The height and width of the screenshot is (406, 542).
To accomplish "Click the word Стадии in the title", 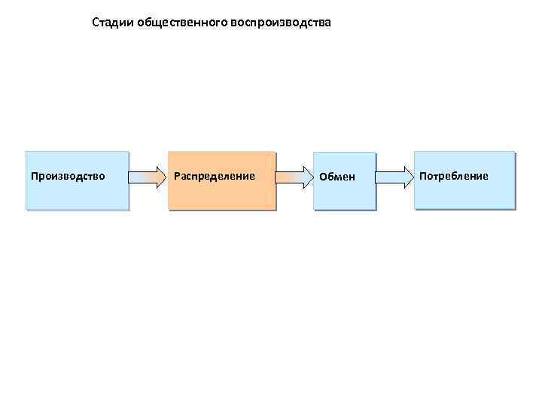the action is (x=110, y=22).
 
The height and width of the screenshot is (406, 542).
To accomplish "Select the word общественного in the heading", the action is (x=172, y=22).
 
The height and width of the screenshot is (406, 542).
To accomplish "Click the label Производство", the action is (x=69, y=177).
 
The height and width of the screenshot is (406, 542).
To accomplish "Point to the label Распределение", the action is (x=215, y=177).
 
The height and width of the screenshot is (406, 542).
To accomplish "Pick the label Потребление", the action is (x=454, y=177).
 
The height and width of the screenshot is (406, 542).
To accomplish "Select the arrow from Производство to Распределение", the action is (x=147, y=177).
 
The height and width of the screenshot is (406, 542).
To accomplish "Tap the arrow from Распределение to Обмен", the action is (x=294, y=177).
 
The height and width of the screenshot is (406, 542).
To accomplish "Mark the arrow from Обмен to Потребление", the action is (x=394, y=177).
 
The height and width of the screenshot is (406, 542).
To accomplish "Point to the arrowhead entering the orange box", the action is (x=160, y=177).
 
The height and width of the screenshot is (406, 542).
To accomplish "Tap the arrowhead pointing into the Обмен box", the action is (x=306, y=177).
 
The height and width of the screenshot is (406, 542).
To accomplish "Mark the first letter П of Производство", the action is (x=35, y=177).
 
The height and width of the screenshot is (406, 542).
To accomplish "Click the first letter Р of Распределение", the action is (x=177, y=177).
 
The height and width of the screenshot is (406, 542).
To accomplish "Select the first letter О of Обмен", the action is (x=324, y=177).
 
